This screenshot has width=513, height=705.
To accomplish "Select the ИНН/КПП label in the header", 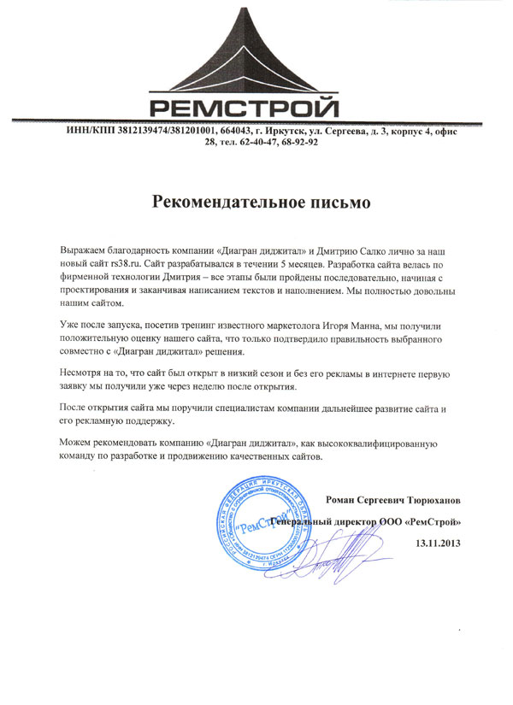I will [89, 131].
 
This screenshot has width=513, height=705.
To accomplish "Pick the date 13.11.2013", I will [437, 543].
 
